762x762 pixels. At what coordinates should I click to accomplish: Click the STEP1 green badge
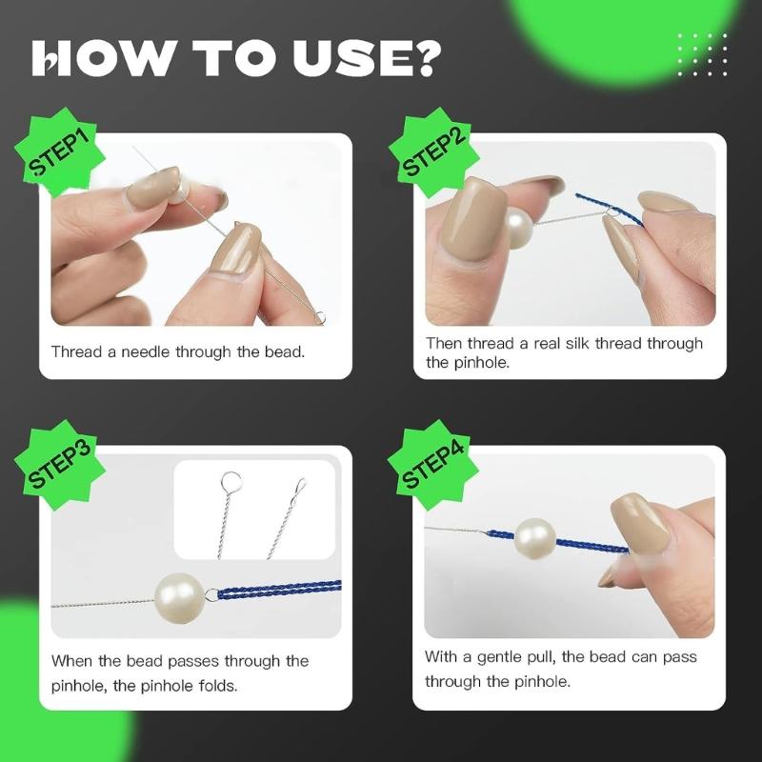tap(60, 152)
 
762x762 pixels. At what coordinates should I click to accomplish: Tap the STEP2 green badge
tap(434, 152)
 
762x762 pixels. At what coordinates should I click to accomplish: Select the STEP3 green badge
tap(60, 465)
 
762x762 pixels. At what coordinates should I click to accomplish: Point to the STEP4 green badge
tap(434, 465)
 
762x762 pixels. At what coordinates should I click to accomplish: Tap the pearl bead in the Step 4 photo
tap(534, 538)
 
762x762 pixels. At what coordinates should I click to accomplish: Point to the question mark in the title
tap(426, 58)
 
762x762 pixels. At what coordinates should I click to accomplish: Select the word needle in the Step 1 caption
tap(145, 351)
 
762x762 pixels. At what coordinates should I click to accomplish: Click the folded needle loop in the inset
tap(300, 486)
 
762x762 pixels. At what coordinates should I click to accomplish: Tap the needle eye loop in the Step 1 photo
tap(320, 318)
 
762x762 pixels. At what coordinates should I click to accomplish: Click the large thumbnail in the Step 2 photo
tap(472, 221)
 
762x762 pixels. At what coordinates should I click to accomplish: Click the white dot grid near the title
tap(702, 54)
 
